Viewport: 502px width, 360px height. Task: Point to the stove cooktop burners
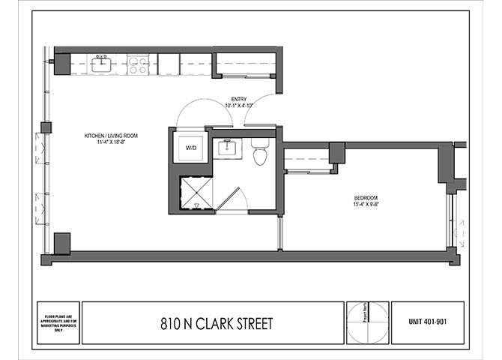[137, 64]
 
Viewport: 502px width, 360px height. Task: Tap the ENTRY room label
[239, 98]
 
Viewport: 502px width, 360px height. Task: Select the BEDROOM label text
[366, 199]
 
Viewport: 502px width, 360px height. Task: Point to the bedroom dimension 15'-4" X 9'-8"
[366, 207]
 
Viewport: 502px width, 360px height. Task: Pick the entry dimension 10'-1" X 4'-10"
[239, 106]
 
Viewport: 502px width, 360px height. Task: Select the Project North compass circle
[368, 322]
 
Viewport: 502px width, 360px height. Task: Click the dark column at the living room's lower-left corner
[62, 242]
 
